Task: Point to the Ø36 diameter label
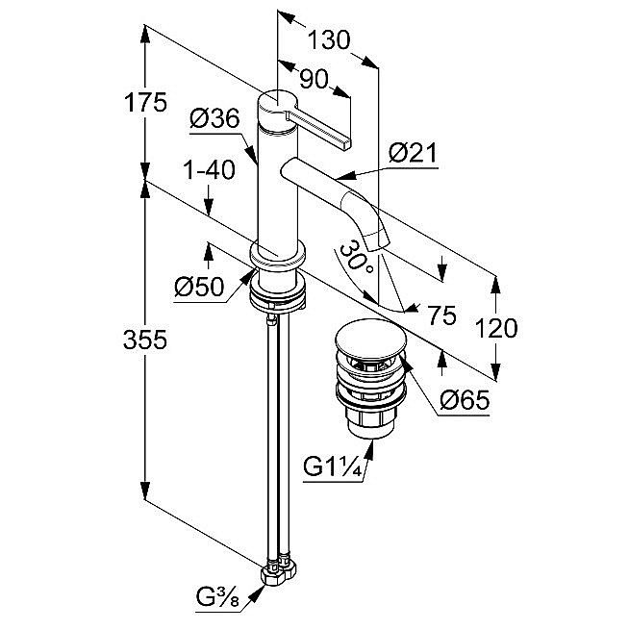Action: [214, 119]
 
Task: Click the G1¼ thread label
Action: [331, 468]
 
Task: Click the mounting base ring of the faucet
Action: [278, 259]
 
